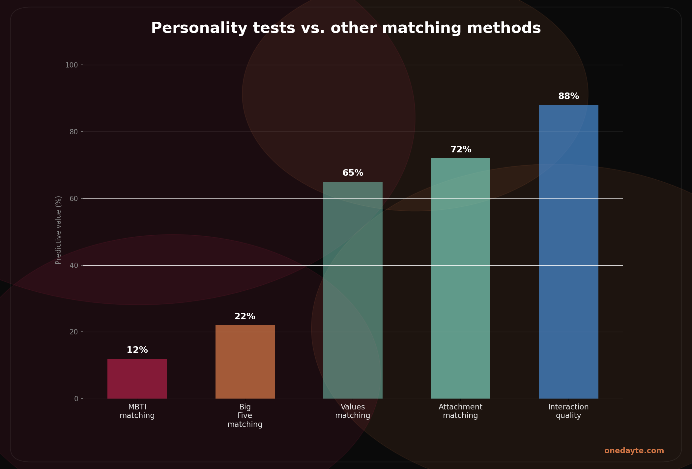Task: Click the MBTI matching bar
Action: [x=137, y=378]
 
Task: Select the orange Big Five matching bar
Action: [x=245, y=362]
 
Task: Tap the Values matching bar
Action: [x=353, y=290]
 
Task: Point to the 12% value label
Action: [x=137, y=350]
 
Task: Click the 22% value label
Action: [x=245, y=317]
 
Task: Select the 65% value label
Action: [x=353, y=173]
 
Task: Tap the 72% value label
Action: [x=461, y=150]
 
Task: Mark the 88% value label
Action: [x=568, y=96]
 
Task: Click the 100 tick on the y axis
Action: [x=72, y=65]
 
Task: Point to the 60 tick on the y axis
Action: [x=73, y=199]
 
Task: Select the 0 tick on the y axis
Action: [x=76, y=399]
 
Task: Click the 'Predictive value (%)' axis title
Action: [x=58, y=230]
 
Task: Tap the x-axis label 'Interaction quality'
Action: [x=568, y=411]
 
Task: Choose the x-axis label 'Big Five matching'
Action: [x=245, y=416]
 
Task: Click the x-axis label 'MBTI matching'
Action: [x=137, y=411]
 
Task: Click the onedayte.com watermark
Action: [x=634, y=451]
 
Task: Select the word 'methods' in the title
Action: [x=504, y=28]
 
